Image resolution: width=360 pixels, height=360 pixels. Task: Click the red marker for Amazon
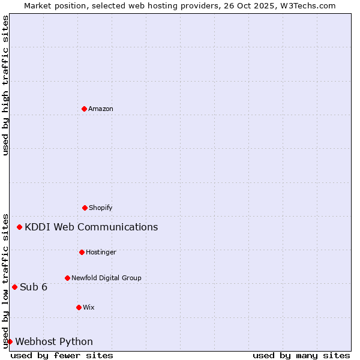(x=84, y=109)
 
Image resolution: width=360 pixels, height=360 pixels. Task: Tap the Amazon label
(x=101, y=109)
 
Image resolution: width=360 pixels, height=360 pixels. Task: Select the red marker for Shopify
(x=85, y=208)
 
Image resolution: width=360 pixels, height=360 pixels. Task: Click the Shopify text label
(x=101, y=208)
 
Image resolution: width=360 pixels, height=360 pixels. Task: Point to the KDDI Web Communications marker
(x=20, y=227)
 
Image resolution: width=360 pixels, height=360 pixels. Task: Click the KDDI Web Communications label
(x=91, y=227)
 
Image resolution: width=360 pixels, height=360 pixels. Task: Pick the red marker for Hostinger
(x=82, y=252)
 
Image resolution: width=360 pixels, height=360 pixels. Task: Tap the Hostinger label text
(x=101, y=253)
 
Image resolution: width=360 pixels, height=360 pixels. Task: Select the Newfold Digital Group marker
(x=67, y=278)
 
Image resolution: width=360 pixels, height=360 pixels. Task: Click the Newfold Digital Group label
(x=106, y=278)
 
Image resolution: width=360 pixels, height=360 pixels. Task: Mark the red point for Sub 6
(x=14, y=287)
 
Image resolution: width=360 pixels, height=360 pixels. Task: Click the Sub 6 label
(x=34, y=287)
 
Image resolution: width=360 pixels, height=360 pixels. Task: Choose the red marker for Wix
(x=79, y=307)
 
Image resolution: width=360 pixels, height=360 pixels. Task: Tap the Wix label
(x=89, y=308)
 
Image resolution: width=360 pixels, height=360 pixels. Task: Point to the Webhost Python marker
(x=10, y=341)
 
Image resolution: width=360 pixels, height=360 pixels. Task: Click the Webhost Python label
(x=54, y=342)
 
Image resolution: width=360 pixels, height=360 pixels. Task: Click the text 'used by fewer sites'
(x=62, y=356)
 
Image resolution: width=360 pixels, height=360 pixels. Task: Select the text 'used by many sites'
(x=301, y=356)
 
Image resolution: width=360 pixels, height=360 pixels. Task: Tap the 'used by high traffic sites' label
(x=5, y=85)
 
